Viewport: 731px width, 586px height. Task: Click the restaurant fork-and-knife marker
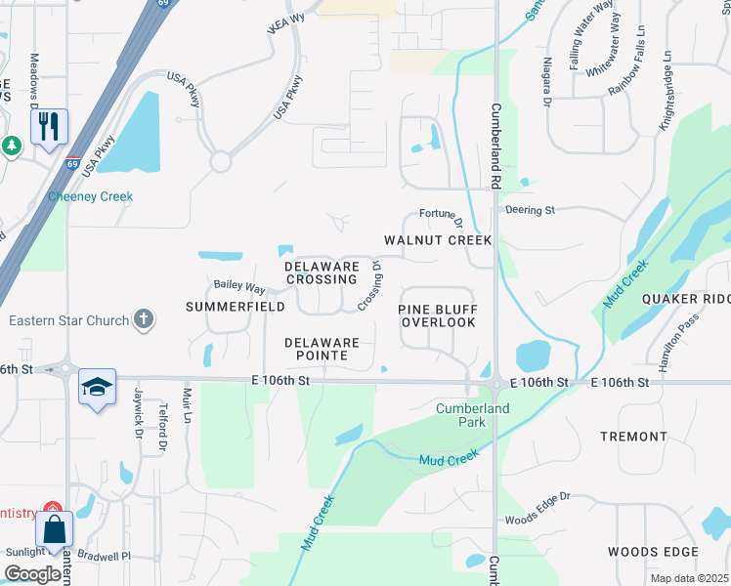[49, 126]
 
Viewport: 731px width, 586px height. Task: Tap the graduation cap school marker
[97, 387]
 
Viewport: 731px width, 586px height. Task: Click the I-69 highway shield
[73, 163]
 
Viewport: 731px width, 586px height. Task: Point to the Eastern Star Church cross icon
[144, 319]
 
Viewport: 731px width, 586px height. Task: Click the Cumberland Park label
[460, 414]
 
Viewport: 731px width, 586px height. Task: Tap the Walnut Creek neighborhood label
[438, 240]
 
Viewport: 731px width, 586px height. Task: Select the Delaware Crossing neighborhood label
[322, 272]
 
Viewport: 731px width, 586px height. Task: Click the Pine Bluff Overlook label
[439, 315]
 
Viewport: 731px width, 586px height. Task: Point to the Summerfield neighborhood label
[235, 307]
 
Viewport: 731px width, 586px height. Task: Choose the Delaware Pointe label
[322, 350]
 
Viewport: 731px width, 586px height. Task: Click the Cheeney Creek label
[90, 196]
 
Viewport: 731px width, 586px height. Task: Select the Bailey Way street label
[239, 288]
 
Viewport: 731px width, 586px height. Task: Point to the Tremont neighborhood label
[632, 436]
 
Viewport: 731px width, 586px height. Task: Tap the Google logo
[32, 573]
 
